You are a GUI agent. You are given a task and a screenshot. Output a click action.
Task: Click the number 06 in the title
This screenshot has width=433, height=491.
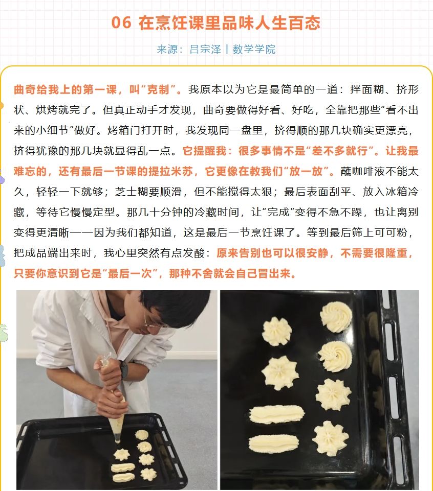121,22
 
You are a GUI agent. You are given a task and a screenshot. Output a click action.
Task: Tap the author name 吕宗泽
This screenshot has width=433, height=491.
205,49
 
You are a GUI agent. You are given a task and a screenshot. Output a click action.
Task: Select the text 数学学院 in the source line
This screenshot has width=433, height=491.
254,49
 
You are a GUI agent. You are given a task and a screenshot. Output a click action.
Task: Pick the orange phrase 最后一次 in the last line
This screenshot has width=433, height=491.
129,273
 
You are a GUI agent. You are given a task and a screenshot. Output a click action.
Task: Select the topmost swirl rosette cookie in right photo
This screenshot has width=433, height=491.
336,317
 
